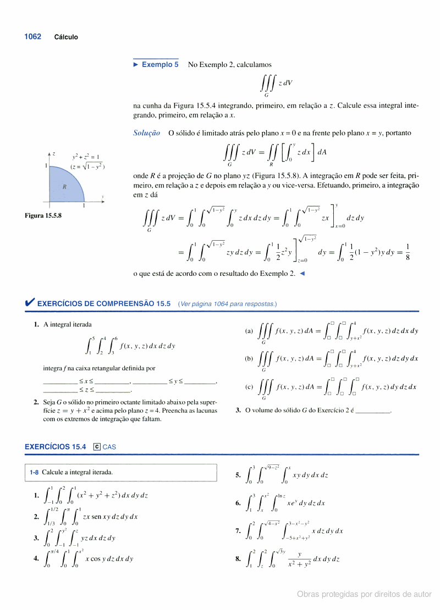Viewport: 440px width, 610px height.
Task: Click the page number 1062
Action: [32, 37]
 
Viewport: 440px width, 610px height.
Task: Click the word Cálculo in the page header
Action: [66, 37]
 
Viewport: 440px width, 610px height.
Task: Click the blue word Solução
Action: [147, 133]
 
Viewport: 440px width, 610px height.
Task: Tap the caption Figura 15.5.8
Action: [43, 215]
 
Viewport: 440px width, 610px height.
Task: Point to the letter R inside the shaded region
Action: [64, 187]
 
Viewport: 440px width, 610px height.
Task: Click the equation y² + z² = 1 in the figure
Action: [85, 157]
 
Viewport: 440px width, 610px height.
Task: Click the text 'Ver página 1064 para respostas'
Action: [227, 304]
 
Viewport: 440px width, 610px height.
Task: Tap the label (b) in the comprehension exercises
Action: [249, 358]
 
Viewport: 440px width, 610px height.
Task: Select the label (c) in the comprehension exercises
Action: [249, 386]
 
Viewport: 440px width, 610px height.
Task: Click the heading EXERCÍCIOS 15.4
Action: [56, 447]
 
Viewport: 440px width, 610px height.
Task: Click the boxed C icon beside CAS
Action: [97, 447]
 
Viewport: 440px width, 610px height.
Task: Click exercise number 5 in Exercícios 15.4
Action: [238, 475]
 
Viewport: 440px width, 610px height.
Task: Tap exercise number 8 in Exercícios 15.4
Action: [238, 559]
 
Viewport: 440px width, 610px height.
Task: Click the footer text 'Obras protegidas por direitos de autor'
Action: [364, 594]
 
